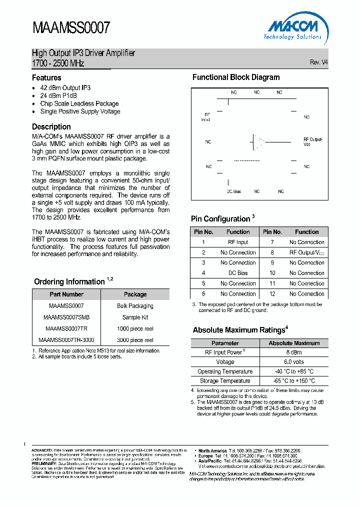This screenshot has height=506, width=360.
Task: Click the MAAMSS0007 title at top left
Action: (70, 28)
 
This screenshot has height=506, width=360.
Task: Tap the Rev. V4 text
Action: (318, 62)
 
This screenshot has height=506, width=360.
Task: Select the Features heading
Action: (46, 78)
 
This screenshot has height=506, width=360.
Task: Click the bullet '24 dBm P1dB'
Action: (58, 95)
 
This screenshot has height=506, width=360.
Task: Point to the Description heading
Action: (51, 127)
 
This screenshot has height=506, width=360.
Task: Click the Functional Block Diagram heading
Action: (236, 77)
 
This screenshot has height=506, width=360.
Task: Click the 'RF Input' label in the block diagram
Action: (205, 117)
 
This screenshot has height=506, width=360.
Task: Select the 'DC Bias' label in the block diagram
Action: (233, 191)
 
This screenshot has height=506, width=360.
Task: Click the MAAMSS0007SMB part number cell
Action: (66, 317)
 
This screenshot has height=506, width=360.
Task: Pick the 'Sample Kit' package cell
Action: (135, 317)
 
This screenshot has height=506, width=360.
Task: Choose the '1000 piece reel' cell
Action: (135, 329)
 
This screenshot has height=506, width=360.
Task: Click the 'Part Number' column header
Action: (66, 294)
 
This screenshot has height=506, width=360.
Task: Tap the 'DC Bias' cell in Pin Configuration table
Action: (238, 273)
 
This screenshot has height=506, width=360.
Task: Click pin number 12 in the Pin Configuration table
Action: (272, 294)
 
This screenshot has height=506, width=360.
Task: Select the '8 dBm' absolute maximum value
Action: (294, 352)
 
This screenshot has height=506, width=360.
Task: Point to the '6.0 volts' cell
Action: (294, 362)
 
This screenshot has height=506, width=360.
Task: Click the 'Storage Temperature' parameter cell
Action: (225, 381)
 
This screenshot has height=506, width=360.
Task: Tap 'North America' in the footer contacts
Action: (212, 450)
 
